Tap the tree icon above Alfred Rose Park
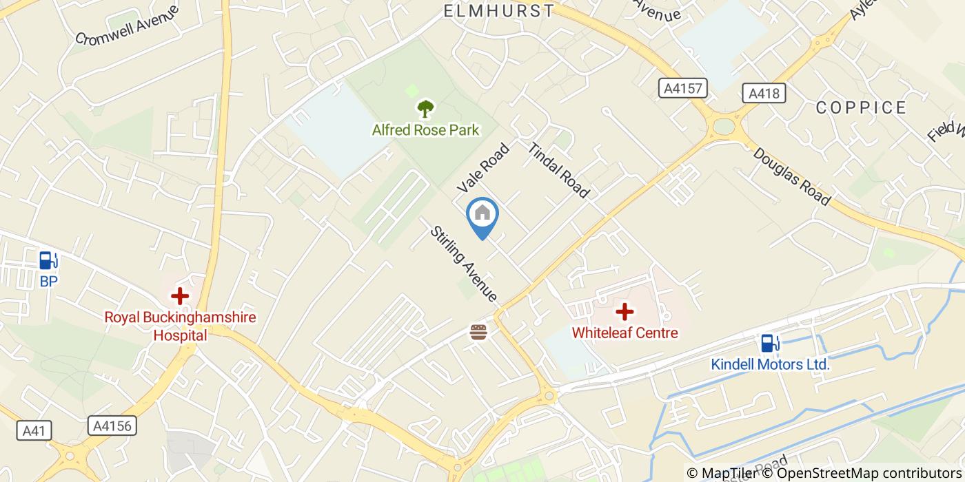(x=425, y=109)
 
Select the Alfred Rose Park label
(x=425, y=130)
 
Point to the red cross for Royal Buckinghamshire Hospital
(x=180, y=297)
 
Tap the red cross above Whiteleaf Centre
(x=624, y=312)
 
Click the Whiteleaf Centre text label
(x=624, y=333)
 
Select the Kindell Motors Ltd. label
(x=770, y=364)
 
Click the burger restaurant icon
(x=478, y=333)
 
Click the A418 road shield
(x=764, y=93)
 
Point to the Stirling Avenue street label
(x=463, y=263)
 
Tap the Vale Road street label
(x=482, y=167)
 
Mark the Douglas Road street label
(x=791, y=176)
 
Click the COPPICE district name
(x=861, y=107)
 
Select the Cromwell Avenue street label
(x=127, y=25)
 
